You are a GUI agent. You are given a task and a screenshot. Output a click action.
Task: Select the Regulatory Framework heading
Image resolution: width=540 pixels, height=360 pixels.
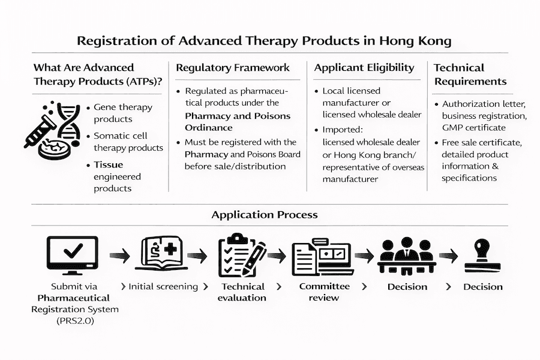(x=233, y=68)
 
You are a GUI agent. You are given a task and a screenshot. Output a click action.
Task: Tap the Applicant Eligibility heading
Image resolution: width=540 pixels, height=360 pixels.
(x=364, y=68)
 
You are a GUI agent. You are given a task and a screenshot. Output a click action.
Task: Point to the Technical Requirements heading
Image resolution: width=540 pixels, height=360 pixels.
(x=470, y=74)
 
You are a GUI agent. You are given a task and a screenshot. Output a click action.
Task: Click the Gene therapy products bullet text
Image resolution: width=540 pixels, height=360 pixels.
(x=122, y=113)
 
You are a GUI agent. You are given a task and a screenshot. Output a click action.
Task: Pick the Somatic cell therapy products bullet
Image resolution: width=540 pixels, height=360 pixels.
(x=128, y=141)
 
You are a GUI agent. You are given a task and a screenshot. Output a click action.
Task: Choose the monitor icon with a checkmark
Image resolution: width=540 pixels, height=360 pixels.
(x=72, y=253)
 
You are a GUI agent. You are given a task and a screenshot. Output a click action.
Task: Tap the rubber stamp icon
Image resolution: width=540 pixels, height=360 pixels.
(x=483, y=256)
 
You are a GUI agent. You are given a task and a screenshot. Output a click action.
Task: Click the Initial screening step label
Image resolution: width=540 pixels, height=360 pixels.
(x=163, y=287)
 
